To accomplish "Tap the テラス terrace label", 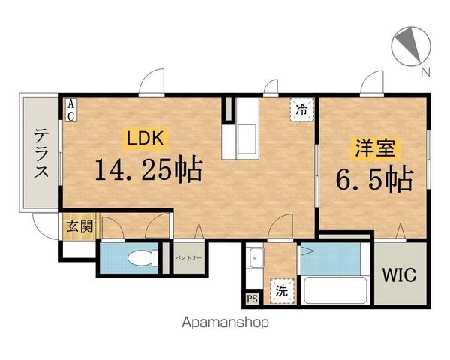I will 40,154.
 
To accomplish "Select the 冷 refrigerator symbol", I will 301,109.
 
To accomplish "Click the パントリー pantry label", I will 189,258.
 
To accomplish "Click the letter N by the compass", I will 425,72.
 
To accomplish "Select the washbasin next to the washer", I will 256,260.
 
